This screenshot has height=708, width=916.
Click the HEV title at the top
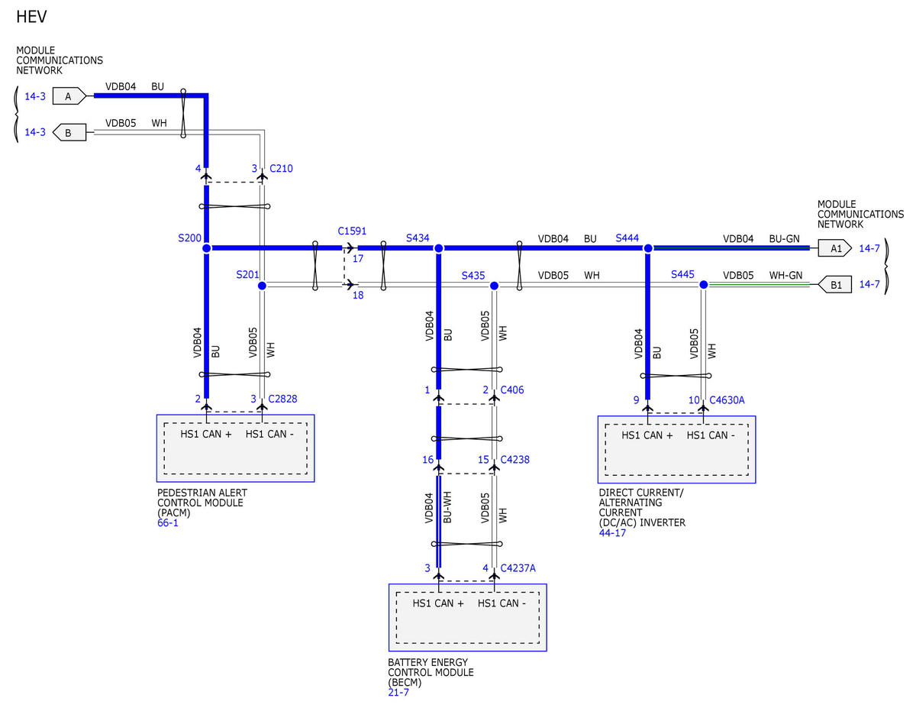point(31,17)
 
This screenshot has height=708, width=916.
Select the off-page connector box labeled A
point(69,96)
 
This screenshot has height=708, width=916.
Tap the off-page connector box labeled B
point(69,132)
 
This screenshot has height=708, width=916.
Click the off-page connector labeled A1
point(834,248)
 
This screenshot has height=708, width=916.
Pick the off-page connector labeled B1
point(834,285)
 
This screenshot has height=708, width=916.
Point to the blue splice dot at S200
point(207,248)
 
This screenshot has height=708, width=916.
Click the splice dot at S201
point(262,286)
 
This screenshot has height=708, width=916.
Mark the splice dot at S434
point(438,248)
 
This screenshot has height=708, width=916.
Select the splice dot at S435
point(494,286)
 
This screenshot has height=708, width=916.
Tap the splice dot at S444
point(648,248)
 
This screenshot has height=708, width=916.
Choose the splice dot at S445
point(703,285)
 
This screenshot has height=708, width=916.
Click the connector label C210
point(281,169)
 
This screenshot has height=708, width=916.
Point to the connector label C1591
point(352,231)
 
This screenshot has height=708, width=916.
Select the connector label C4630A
point(727,400)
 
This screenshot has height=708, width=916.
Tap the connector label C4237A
point(518,568)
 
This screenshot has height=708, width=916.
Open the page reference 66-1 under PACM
point(168,523)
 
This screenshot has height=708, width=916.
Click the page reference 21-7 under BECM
point(398,693)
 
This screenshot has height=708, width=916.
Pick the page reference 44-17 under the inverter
point(612,533)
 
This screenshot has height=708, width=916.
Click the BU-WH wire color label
point(447,507)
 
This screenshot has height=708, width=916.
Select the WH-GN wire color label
point(785,276)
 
